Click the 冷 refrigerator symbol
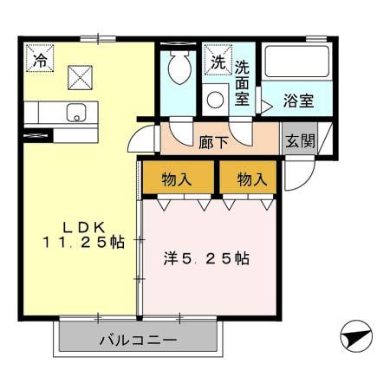[x=40, y=60]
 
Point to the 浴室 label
[x=300, y=101]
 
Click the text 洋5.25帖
[x=207, y=258]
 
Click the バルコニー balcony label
[x=139, y=339]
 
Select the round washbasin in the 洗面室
[x=216, y=98]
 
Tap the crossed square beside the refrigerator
[x=80, y=78]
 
